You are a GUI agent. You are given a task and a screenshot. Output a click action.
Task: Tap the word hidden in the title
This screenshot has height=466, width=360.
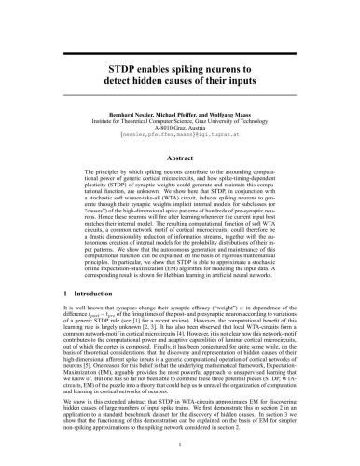[x=167, y=84]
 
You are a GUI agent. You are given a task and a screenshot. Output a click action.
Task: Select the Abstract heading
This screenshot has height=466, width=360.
[x=179, y=159]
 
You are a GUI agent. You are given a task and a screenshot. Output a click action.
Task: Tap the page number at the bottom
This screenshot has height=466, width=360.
[x=180, y=445]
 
